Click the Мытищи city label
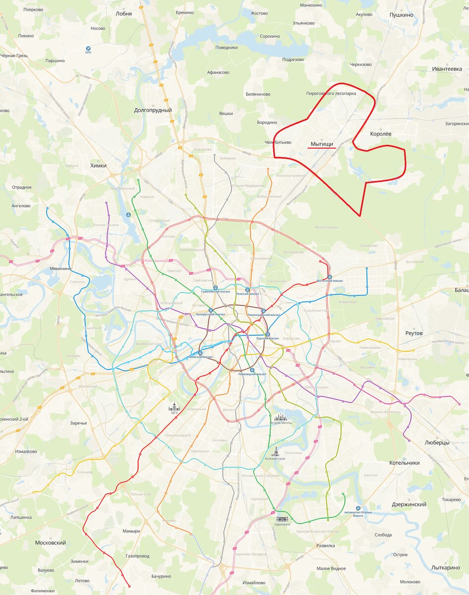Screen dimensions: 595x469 pyautogui.click(x=322, y=144)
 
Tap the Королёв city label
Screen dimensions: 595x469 pyautogui.click(x=381, y=134)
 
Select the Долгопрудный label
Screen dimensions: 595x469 pyautogui.click(x=153, y=110)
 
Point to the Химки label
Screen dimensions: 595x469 pyautogui.click(x=99, y=166)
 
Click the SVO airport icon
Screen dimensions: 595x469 pyautogui.click(x=88, y=49)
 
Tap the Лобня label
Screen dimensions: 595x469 pyautogui.click(x=124, y=14)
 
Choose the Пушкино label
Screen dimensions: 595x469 pyautogui.click(x=401, y=15)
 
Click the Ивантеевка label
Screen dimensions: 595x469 pyautogui.click(x=447, y=69)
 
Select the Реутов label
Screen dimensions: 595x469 pyautogui.click(x=414, y=333)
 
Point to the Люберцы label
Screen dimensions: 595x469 pyautogui.click(x=437, y=442)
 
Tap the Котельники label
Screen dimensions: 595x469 pyautogui.click(x=405, y=463)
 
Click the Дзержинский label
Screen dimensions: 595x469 pyautogui.click(x=409, y=504)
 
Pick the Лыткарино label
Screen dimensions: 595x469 pyautogui.click(x=446, y=568)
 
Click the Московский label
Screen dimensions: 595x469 pyautogui.click(x=51, y=543)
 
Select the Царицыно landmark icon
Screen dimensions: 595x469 pyautogui.click(x=283, y=518)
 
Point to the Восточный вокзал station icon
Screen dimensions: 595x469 pyautogui.click(x=330, y=277)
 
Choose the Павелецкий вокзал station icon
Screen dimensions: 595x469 pyautogui.click(x=252, y=370)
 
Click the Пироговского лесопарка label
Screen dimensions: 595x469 pyautogui.click(x=331, y=93)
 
